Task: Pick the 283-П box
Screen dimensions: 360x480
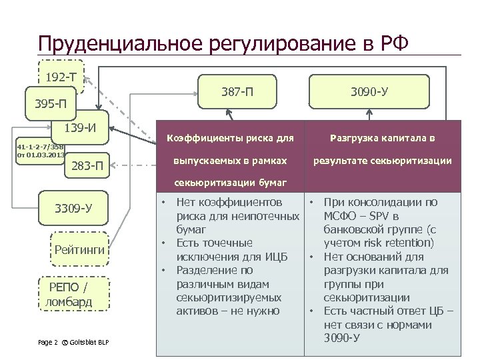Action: pyautogui.click(x=87, y=165)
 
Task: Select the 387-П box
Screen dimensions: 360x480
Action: pyautogui.click(x=237, y=90)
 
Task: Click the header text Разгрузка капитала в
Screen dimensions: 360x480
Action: pyautogui.click(x=381, y=139)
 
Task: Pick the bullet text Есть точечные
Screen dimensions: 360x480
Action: pyautogui.click(x=213, y=243)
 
